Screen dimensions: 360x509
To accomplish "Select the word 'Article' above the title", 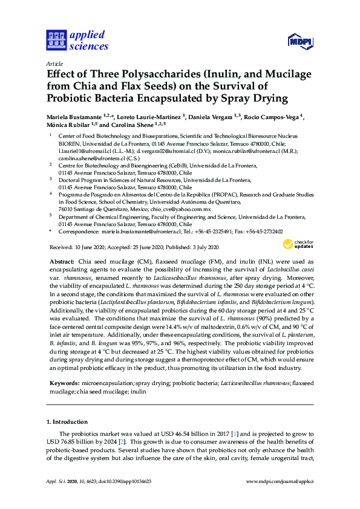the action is pyautogui.click(x=54, y=63).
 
